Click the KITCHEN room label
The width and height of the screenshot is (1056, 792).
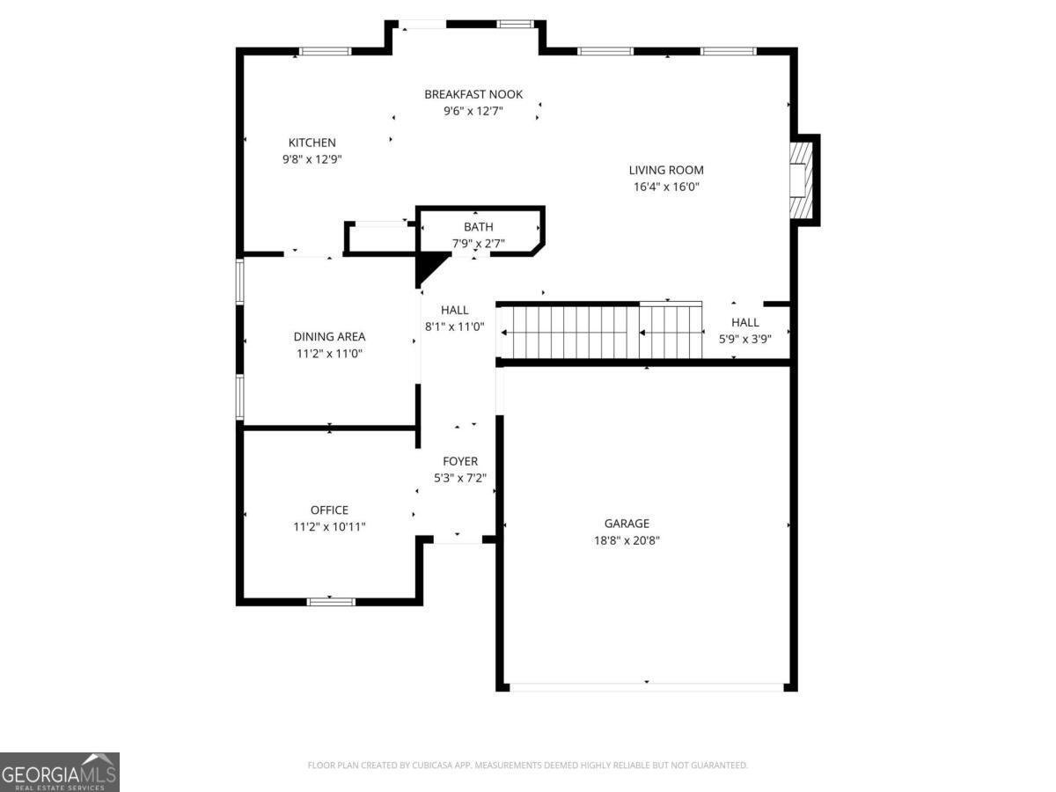(312, 143)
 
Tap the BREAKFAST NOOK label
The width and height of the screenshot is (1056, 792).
(473, 94)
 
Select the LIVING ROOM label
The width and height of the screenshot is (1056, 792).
(666, 170)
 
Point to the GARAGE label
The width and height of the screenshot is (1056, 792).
(627, 524)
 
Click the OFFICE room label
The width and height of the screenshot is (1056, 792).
(329, 510)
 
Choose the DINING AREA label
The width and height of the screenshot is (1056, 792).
(329, 336)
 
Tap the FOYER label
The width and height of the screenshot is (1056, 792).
(460, 461)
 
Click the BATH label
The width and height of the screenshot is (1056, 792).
(479, 227)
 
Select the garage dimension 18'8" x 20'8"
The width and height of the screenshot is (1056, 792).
(627, 540)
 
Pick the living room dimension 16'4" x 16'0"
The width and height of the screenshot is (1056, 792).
(666, 187)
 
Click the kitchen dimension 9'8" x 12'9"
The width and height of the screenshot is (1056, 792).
(312, 159)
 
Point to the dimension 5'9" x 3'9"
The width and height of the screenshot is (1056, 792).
(744, 339)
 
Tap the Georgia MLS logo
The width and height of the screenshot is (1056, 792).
(59, 772)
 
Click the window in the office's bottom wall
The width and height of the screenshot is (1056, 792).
(331, 602)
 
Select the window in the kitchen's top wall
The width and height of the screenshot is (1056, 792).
(326, 51)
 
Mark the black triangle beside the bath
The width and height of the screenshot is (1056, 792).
(429, 266)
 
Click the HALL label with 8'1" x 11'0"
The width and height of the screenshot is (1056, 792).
(455, 310)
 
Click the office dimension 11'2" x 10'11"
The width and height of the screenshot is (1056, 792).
(329, 526)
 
